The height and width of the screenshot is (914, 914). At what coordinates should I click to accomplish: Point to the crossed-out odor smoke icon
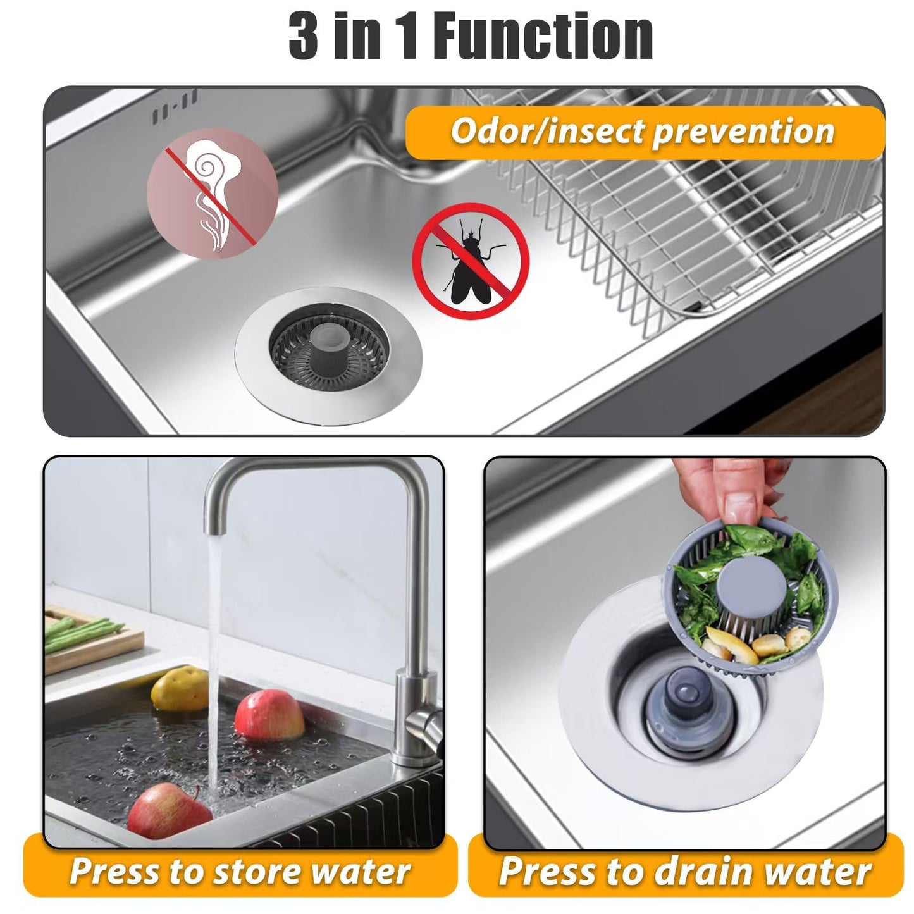pyautogui.click(x=212, y=193)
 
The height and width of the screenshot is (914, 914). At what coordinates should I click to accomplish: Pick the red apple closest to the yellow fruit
pyautogui.click(x=269, y=715)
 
